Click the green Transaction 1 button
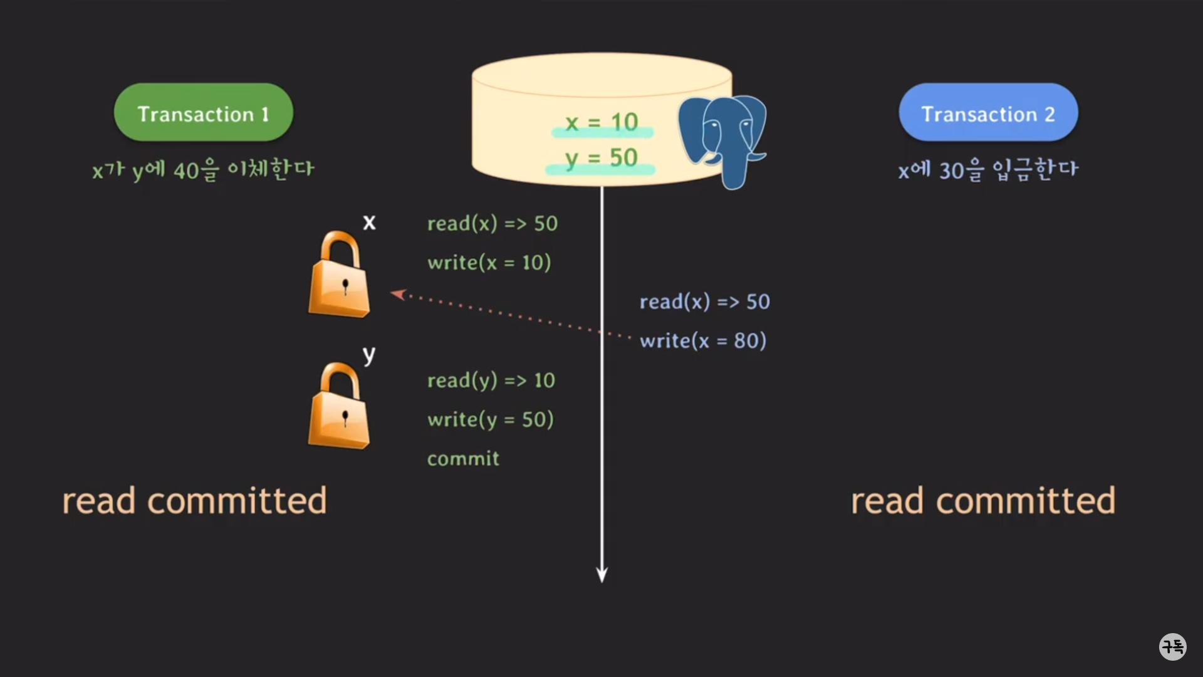pyautogui.click(x=203, y=113)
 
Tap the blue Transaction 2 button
pyautogui.click(x=988, y=113)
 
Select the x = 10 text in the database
pyautogui.click(x=601, y=122)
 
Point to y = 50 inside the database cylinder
pyautogui.click(x=600, y=158)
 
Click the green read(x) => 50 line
pyautogui.click(x=492, y=224)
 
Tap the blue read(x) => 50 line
pyautogui.click(x=704, y=302)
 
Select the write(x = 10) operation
pyautogui.click(x=489, y=263)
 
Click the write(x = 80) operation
pyautogui.click(x=702, y=341)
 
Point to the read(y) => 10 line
pyautogui.click(x=491, y=380)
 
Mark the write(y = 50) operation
pyautogui.click(x=490, y=419)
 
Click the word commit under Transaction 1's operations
pyautogui.click(x=463, y=459)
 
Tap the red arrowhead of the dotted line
pyautogui.click(x=398, y=294)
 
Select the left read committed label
pyautogui.click(x=194, y=501)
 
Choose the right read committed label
pyautogui.click(x=982, y=501)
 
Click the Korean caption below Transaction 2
pyautogui.click(x=987, y=170)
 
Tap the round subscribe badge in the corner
pyautogui.click(x=1172, y=646)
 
